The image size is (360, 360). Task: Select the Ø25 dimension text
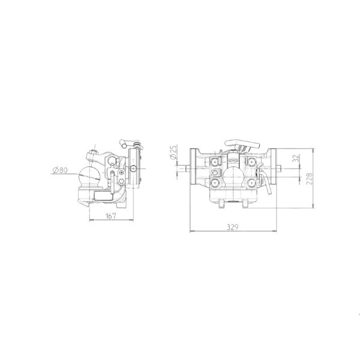point(172,152)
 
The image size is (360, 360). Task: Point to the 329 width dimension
point(234,227)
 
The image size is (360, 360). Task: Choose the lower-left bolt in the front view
point(215,181)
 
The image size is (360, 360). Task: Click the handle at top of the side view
point(127,144)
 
